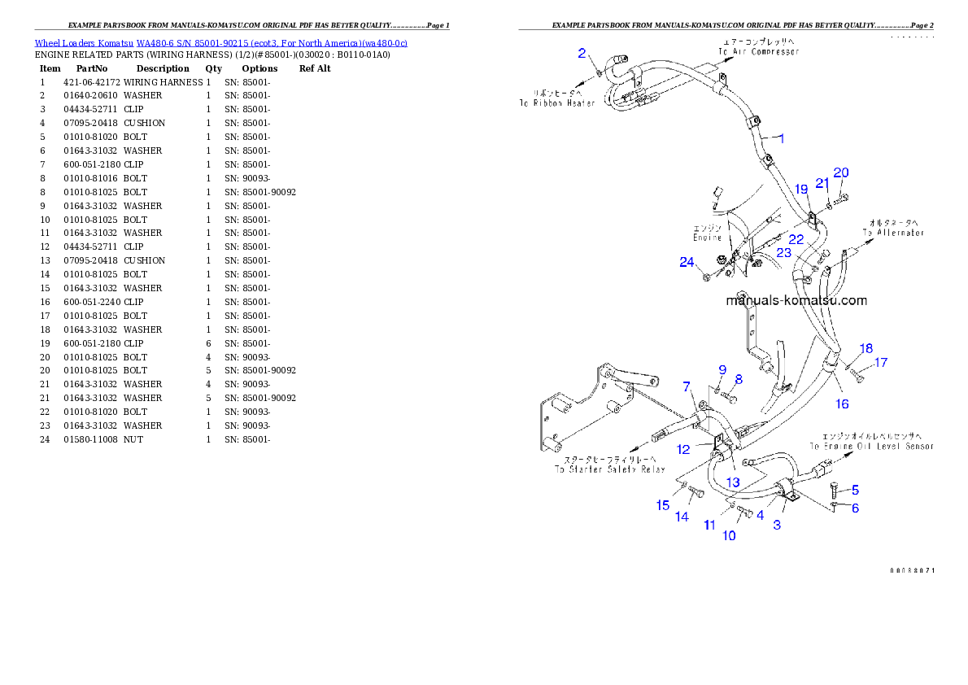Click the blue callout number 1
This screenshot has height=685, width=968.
pyautogui.click(x=782, y=138)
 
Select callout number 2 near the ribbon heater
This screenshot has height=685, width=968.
pyautogui.click(x=582, y=54)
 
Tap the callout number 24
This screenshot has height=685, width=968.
pyautogui.click(x=687, y=262)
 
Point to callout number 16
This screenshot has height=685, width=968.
pyautogui.click(x=842, y=404)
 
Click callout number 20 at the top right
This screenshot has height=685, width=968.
pyautogui.click(x=841, y=172)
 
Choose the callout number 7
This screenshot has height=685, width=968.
pyautogui.click(x=687, y=386)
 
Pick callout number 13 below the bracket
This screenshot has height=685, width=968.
pyautogui.click(x=733, y=482)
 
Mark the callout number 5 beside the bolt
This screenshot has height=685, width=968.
pyautogui.click(x=855, y=490)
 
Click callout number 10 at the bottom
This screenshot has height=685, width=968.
pyautogui.click(x=729, y=535)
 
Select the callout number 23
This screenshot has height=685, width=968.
pyautogui.click(x=783, y=253)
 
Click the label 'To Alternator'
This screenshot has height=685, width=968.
pyautogui.click(x=893, y=233)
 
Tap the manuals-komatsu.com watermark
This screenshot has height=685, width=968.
pyautogui.click(x=796, y=300)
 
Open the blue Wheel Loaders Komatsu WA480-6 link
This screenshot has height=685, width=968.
pyautogui.click(x=220, y=42)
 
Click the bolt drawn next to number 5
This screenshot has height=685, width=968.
pyautogui.click(x=835, y=490)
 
